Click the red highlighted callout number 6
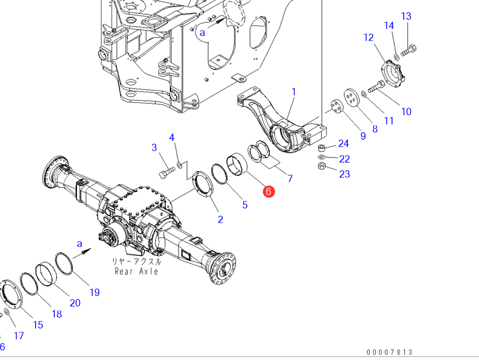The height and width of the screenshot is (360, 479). [x=268, y=191]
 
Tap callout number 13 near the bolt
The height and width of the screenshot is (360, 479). [x=406, y=16]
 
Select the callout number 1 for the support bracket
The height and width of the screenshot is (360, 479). [x=294, y=92]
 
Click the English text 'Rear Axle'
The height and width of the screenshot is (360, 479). [x=136, y=271]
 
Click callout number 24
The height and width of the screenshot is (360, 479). [x=344, y=144]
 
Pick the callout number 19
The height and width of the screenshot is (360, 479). [x=94, y=292]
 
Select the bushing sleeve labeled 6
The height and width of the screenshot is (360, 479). [x=238, y=166]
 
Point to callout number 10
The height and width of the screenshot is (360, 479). [x=406, y=111]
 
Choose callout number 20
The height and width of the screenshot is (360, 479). [x=74, y=302]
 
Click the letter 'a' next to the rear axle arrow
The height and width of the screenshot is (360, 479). [x=79, y=244]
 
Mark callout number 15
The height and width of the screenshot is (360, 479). [x=38, y=324]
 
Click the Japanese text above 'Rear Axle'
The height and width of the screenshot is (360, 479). [x=136, y=261]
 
